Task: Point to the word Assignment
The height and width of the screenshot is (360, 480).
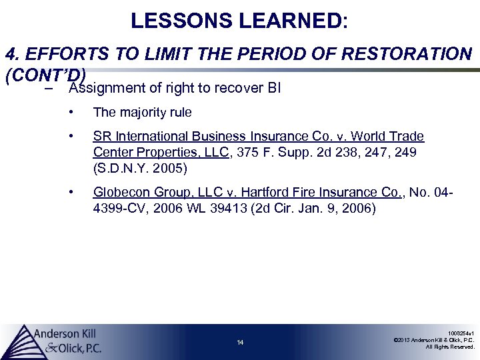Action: [x=106, y=87]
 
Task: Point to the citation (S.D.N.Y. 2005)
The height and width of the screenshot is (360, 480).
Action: [x=140, y=167]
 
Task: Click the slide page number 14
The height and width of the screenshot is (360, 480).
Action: [x=240, y=343]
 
